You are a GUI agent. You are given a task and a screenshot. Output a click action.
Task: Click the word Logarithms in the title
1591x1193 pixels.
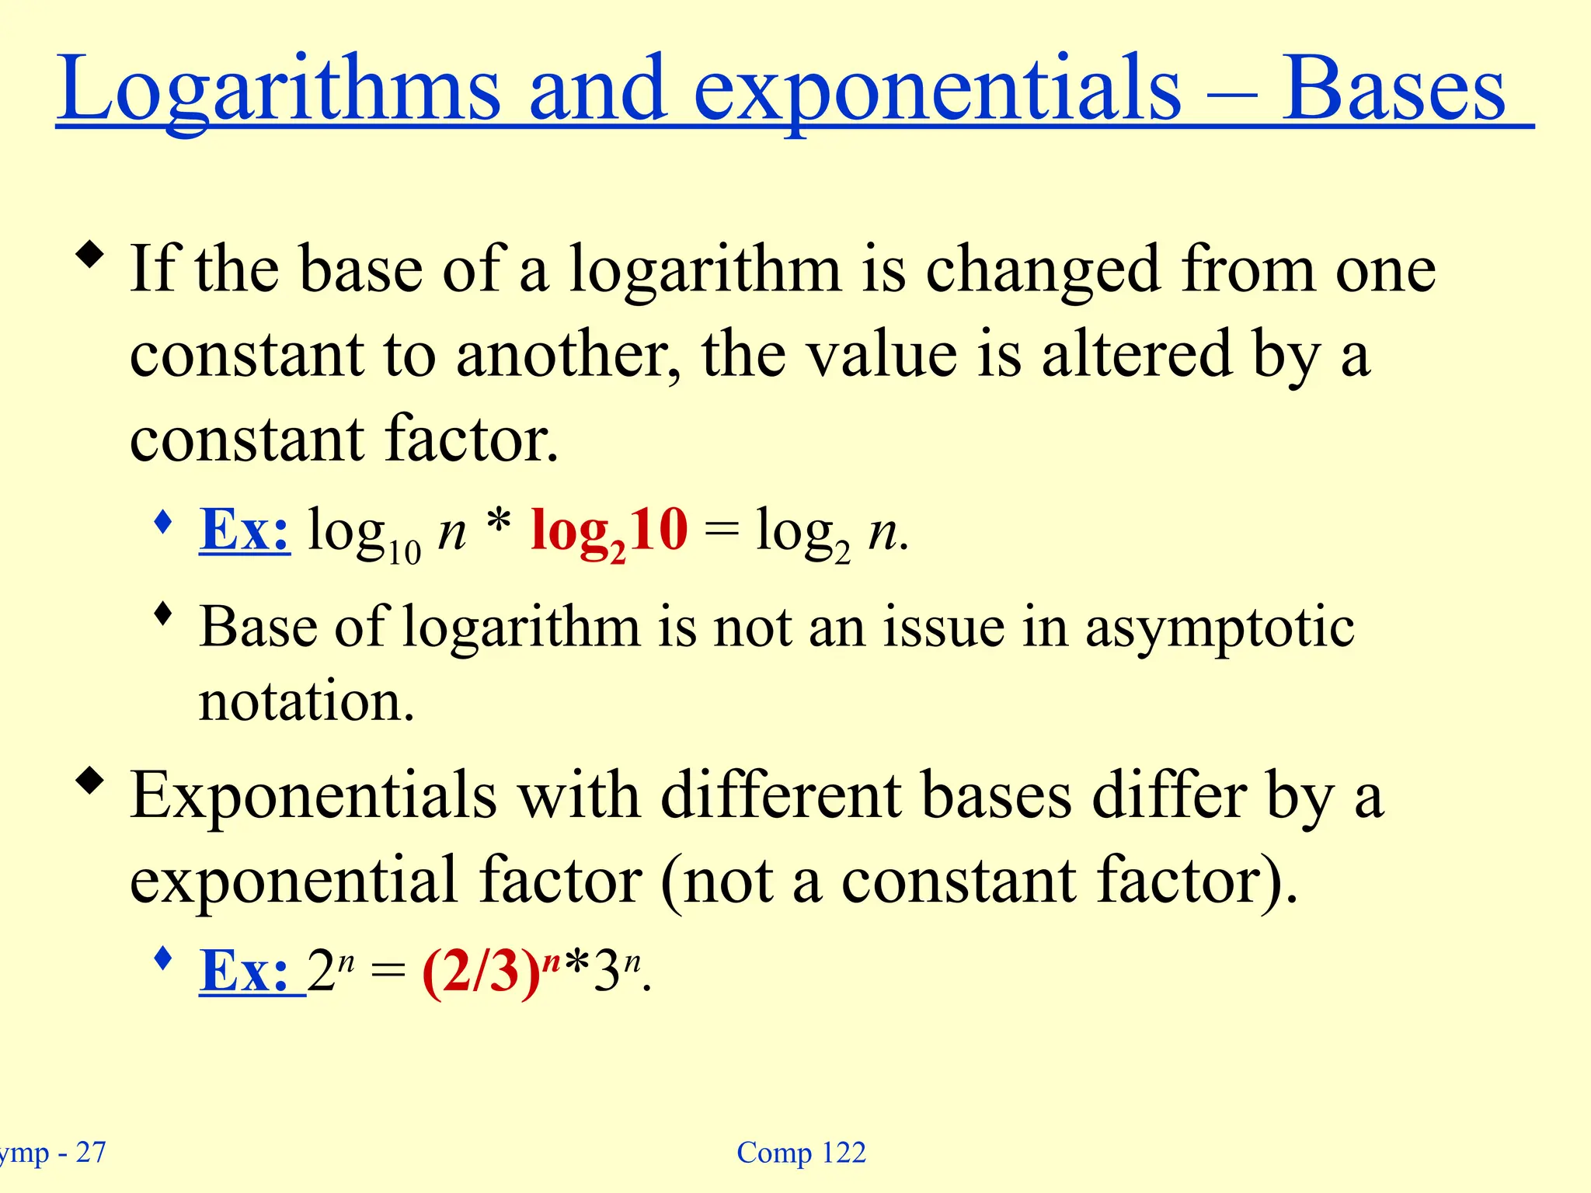(x=279, y=89)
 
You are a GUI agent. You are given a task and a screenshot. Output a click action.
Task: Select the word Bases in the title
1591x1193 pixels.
(x=1394, y=89)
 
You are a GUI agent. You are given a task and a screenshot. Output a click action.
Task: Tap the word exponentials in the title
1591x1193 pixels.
(x=937, y=89)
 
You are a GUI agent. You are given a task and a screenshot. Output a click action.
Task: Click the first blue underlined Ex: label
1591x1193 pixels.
(x=245, y=530)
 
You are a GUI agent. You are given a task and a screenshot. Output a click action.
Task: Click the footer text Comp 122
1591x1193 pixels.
(x=801, y=1153)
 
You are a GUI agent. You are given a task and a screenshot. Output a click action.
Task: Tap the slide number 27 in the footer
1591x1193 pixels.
(x=91, y=1153)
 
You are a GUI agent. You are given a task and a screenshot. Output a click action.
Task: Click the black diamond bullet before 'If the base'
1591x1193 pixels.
(x=90, y=256)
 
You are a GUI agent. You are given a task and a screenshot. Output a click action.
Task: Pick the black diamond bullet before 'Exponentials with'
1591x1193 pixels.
(x=90, y=781)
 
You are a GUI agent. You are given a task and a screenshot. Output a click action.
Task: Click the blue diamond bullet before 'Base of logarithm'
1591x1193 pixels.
(x=163, y=614)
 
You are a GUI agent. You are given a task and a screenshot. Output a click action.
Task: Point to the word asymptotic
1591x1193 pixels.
(x=1220, y=628)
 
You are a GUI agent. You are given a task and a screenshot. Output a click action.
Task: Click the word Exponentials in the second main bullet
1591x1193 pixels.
(x=313, y=795)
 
